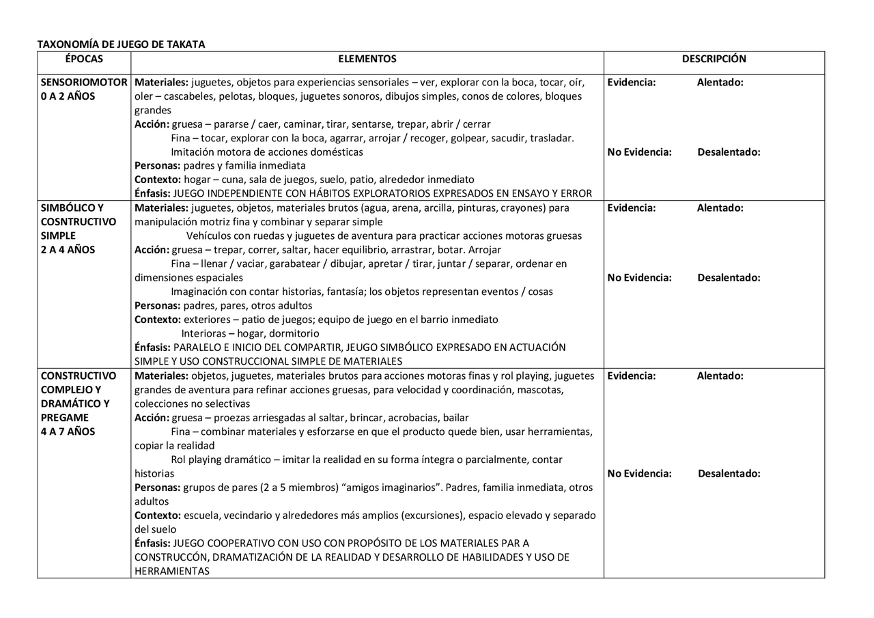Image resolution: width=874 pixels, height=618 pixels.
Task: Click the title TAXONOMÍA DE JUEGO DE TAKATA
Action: [x=121, y=44]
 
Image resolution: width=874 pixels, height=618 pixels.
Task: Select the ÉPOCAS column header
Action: [x=84, y=59]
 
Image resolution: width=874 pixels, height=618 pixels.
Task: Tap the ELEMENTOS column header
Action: [x=367, y=59]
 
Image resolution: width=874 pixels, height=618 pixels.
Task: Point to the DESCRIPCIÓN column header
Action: [x=714, y=59]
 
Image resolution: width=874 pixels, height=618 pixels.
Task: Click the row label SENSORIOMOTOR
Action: [x=84, y=83]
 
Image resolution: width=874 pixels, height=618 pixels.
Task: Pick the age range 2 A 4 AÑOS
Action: [x=68, y=250]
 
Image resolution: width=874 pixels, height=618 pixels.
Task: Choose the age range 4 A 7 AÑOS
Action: [x=68, y=432]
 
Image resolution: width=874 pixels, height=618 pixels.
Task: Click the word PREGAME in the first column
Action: [x=65, y=417]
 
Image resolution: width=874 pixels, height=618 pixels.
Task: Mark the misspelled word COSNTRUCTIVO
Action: [x=78, y=222]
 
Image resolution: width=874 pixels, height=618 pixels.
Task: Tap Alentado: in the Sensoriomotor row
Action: [x=720, y=83]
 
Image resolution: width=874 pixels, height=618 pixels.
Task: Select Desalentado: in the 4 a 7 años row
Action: [x=729, y=474]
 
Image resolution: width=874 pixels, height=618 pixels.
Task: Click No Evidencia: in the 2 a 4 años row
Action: [x=639, y=278]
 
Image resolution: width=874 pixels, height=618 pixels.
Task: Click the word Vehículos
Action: [x=208, y=236]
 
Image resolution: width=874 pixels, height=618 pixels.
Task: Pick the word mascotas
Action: [x=541, y=390]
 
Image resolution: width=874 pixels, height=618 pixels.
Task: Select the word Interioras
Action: [x=204, y=334]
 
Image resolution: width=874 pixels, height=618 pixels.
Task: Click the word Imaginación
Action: [x=201, y=292]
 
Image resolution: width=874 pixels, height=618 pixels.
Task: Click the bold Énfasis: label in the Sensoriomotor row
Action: [x=153, y=194]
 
